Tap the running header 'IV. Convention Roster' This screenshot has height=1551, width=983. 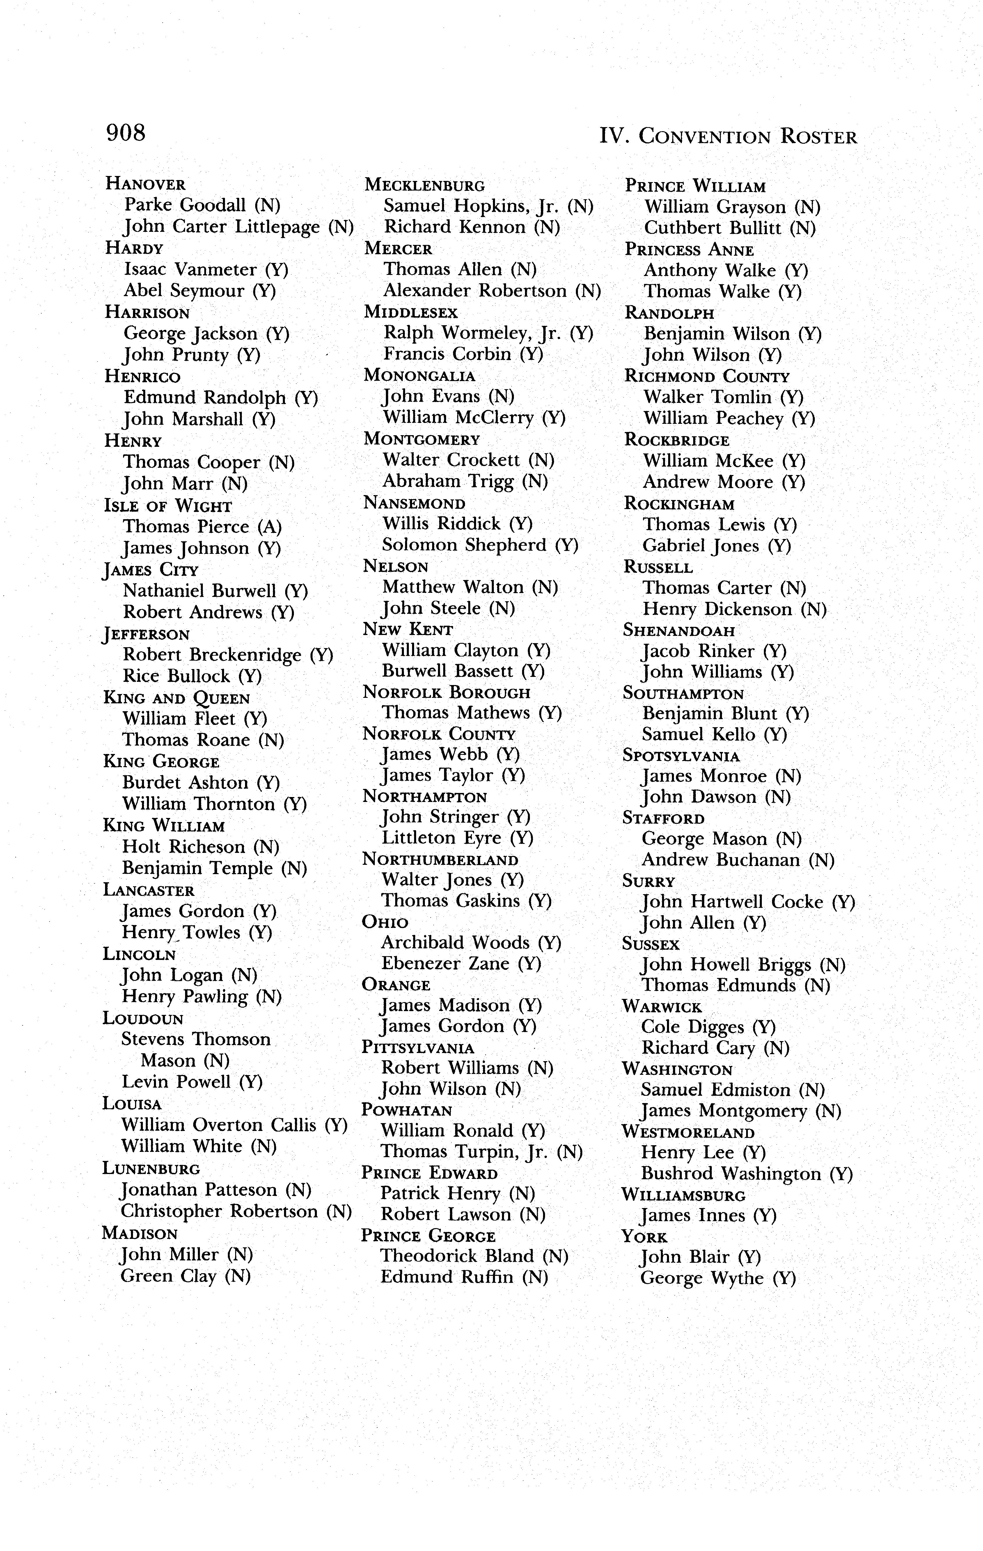(x=728, y=136)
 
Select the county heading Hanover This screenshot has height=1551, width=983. (x=146, y=184)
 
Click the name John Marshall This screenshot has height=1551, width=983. (x=183, y=419)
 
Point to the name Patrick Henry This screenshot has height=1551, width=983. (x=440, y=1194)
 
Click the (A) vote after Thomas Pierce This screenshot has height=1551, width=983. (x=270, y=527)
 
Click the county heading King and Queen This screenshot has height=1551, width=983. (x=177, y=698)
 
